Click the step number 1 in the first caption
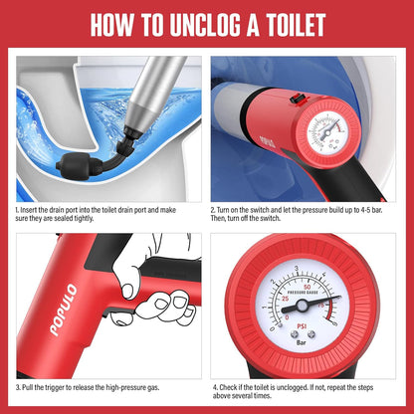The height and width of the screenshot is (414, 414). [x=18, y=211]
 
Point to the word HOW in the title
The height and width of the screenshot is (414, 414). [x=117, y=26]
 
